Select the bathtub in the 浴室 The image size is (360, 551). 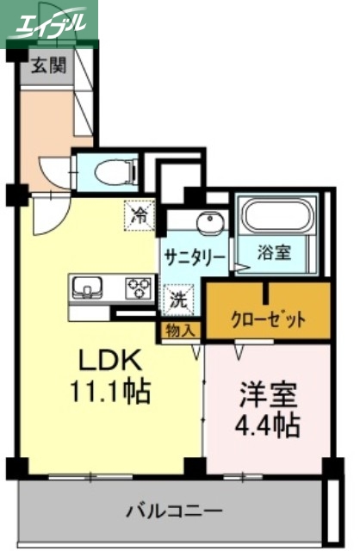[x=277, y=216]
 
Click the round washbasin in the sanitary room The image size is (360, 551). [x=208, y=226]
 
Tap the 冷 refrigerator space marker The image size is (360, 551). [x=138, y=215]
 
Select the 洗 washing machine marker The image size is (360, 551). [x=177, y=300]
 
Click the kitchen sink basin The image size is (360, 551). [x=88, y=287]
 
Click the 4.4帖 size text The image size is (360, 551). [x=268, y=426]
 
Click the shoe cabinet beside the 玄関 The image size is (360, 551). [x=85, y=95]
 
